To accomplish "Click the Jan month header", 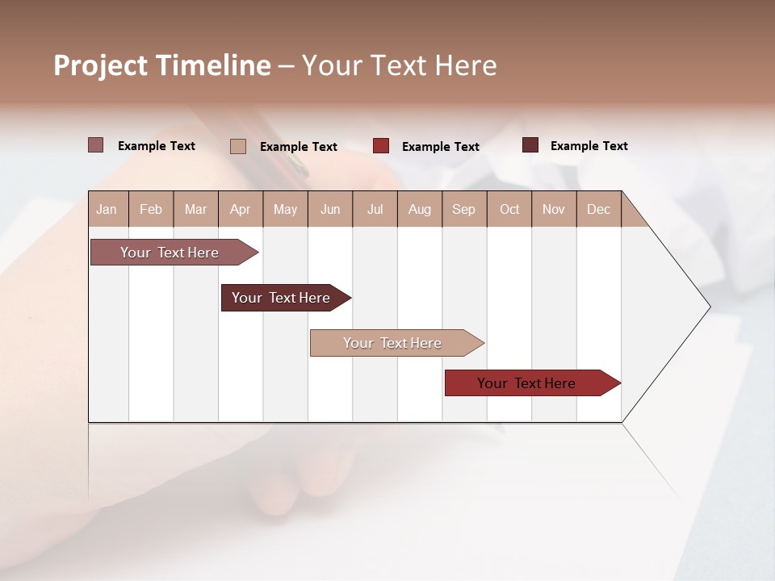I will (107, 209).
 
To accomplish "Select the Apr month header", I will (240, 209).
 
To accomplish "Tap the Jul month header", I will (375, 209).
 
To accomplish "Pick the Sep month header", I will (463, 209).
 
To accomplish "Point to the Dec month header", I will (598, 209).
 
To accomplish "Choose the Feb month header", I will (151, 209).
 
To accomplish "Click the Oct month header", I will (509, 209).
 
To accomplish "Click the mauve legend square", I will (95, 145).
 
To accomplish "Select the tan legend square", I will (237, 146).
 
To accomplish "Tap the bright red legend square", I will (381, 146).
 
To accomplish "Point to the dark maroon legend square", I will (530, 145).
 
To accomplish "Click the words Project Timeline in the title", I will (162, 65).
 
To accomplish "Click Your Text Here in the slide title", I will (399, 65).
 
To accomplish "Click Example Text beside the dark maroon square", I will (589, 146).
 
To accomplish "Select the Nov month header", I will (554, 209).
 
